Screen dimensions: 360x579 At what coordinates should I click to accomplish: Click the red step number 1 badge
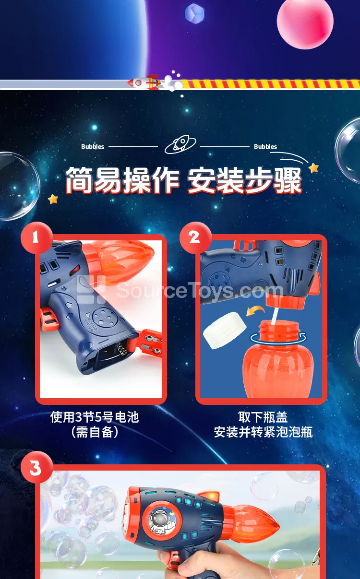click(x=37, y=238)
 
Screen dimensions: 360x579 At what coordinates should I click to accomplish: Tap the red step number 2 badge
click(x=196, y=238)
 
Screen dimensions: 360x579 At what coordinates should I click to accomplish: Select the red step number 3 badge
click(x=37, y=468)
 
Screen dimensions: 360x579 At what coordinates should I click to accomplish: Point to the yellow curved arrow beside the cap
click(x=255, y=311)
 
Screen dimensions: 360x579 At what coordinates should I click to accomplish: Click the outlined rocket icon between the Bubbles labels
click(x=180, y=144)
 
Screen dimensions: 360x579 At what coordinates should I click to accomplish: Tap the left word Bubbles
click(x=93, y=147)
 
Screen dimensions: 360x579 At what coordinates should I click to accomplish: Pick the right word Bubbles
click(x=265, y=147)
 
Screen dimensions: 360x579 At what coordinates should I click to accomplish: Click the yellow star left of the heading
click(x=53, y=199)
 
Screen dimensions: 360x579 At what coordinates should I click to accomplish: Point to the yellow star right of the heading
click(x=314, y=168)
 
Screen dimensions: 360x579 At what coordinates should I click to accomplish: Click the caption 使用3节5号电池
click(x=95, y=417)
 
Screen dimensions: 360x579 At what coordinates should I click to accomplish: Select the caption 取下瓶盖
click(x=263, y=417)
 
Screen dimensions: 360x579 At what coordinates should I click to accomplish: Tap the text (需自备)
click(x=95, y=432)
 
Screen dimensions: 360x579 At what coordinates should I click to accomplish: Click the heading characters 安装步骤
click(x=244, y=180)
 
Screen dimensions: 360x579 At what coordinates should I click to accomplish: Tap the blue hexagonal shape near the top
click(x=194, y=13)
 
